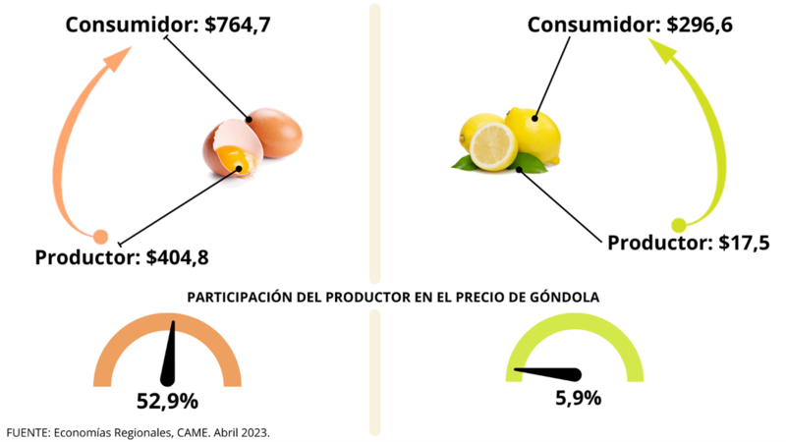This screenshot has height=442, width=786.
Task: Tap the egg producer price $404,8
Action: coord(178,258)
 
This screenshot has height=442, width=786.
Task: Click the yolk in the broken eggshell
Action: coord(234,157)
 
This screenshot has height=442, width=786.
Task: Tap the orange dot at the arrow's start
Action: coord(99,236)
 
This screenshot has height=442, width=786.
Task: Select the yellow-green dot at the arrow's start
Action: coord(678,224)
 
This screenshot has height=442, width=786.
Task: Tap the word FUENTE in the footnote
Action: coord(26,431)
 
